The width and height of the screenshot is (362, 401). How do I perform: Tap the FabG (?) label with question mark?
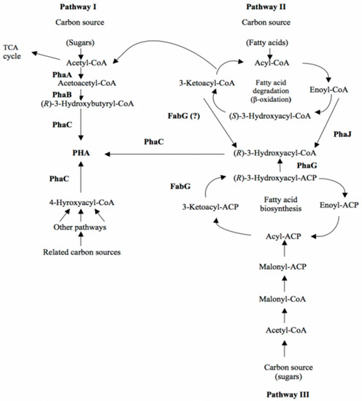pyautogui.click(x=181, y=115)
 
